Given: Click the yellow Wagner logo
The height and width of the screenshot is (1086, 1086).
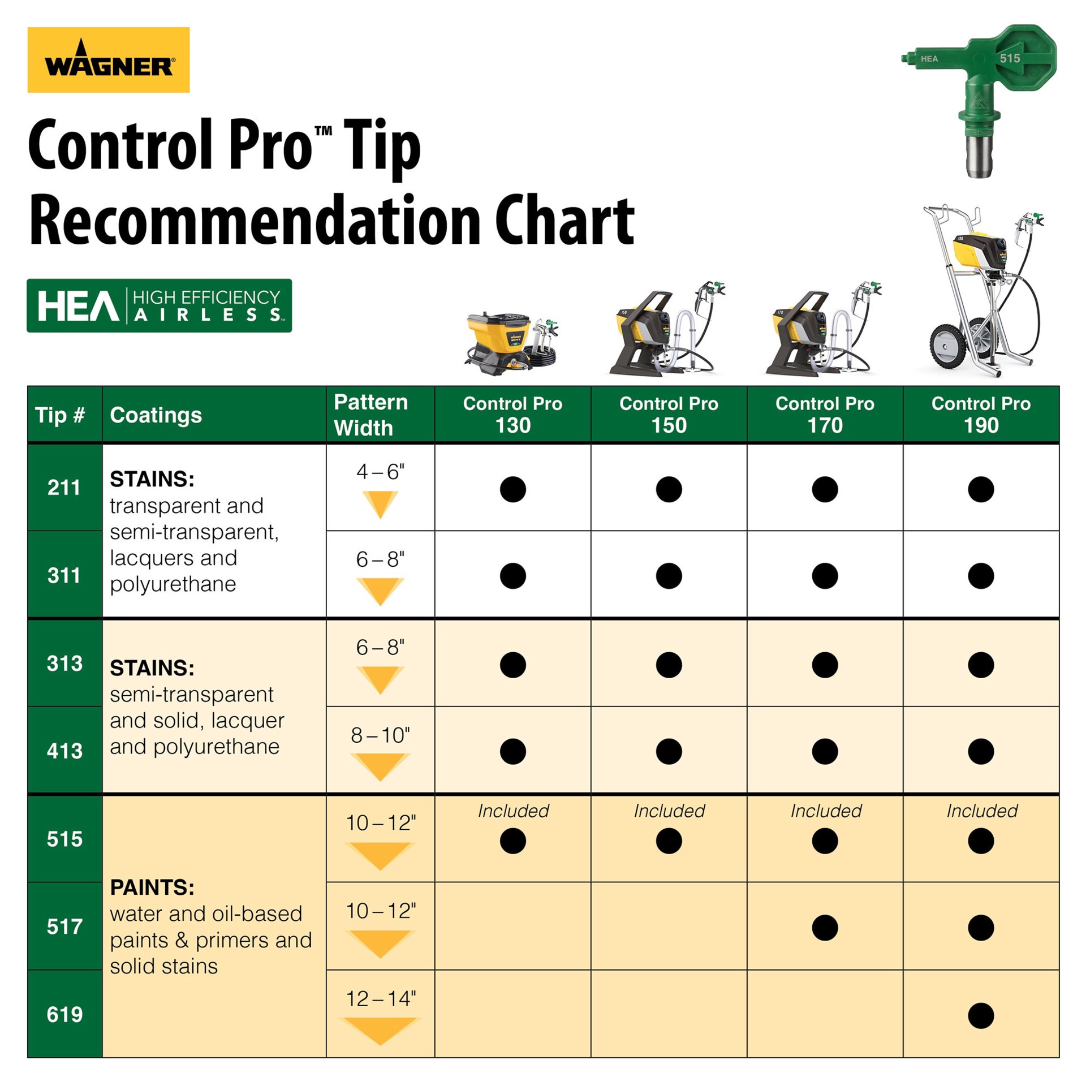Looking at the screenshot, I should pos(109,60).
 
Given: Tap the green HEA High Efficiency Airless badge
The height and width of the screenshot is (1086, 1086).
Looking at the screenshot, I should pos(159,305).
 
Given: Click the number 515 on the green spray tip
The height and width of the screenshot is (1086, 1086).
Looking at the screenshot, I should pos(1010,58).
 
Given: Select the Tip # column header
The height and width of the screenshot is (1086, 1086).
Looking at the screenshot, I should pos(60,415).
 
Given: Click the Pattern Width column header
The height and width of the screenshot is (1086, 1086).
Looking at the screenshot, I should pos(371,415).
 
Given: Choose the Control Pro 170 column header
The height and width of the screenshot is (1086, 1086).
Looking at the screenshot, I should pos(825,415).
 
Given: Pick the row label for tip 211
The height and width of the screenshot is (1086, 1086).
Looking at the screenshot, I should pos(64,488).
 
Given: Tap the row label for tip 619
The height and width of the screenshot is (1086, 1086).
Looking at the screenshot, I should pos(64,1014).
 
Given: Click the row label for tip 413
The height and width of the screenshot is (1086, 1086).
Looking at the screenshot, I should pos(64,751).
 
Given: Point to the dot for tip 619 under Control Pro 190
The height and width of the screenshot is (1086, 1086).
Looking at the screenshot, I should pos(981,1015).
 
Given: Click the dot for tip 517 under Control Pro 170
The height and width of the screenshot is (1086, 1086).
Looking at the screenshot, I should pos(825,928).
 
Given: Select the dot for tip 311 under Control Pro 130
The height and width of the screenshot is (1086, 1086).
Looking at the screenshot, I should pos(512,576).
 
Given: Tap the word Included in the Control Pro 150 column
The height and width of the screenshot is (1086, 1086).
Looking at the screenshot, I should pos(669,811).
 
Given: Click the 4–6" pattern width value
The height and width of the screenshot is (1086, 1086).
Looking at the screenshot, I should pos(380,471).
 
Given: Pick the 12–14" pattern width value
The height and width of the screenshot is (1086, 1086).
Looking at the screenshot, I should pos(380,998).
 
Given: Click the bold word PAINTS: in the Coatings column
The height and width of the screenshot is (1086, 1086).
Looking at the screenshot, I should pos(152,887).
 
